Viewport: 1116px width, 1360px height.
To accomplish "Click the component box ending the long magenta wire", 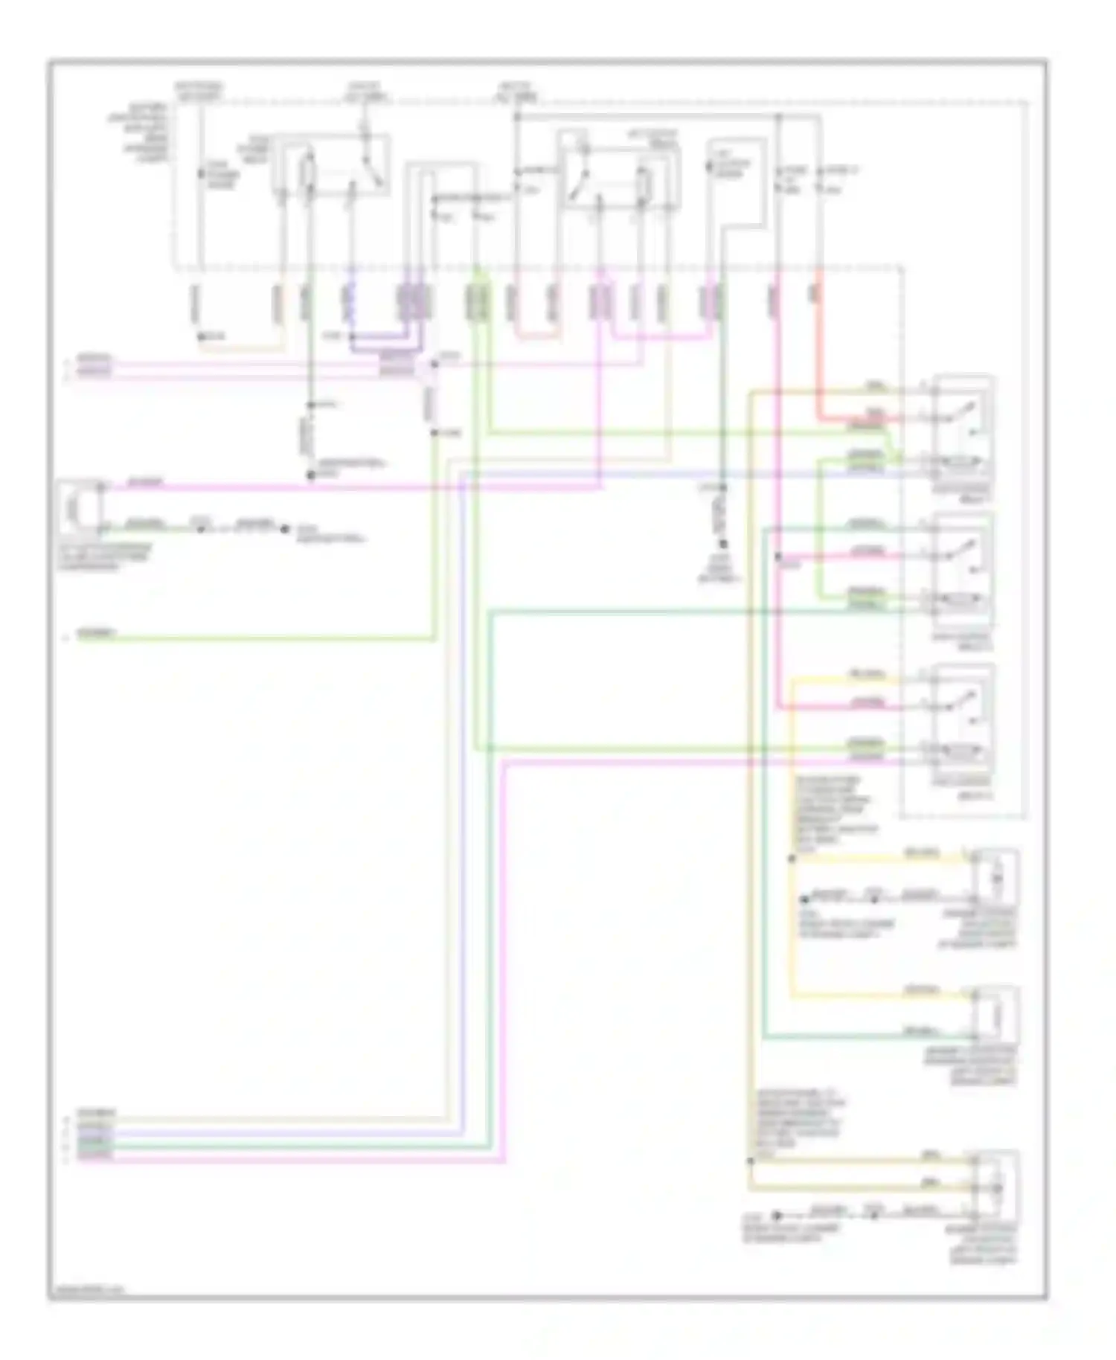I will (x=79, y=507).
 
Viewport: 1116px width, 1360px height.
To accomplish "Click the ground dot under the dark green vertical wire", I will (x=722, y=545).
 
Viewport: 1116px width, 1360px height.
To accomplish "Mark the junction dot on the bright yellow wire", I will (x=791, y=859).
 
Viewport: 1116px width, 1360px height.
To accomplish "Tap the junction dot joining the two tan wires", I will (x=750, y=1159).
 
